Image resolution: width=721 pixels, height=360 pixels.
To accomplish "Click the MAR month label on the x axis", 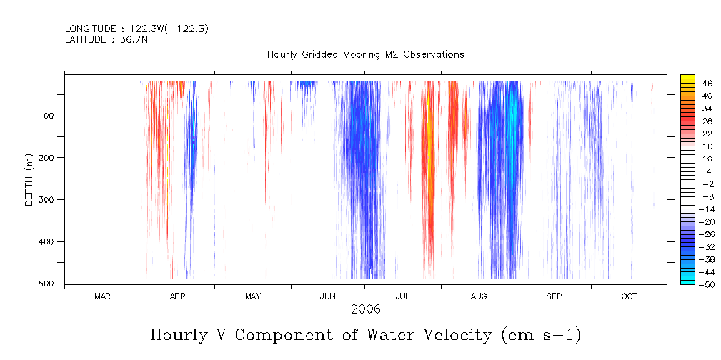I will pyautogui.click(x=102, y=296).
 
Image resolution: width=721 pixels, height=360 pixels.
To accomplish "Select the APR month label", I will pyautogui.click(x=178, y=296).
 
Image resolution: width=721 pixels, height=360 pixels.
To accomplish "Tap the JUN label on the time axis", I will pyautogui.click(x=328, y=296).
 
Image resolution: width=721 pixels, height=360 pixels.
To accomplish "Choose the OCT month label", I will pyautogui.click(x=630, y=296).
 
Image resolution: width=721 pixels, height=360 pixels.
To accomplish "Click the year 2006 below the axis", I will pyautogui.click(x=366, y=309).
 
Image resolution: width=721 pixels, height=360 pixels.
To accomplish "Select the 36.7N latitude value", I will pyautogui.click(x=136, y=40).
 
